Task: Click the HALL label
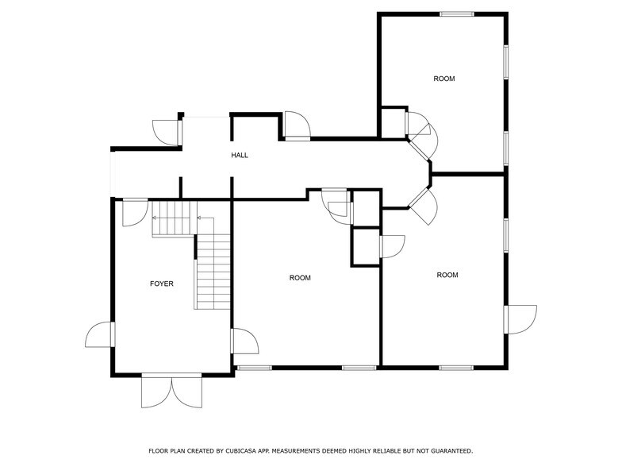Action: point(240,155)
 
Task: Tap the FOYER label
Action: point(162,284)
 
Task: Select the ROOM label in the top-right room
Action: point(443,78)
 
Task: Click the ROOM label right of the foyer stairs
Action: point(300,278)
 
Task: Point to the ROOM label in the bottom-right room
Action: point(447,275)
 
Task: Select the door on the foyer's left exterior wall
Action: point(101,334)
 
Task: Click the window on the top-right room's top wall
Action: point(457,14)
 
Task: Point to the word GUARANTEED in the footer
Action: point(447,451)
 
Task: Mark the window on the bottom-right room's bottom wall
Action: point(457,367)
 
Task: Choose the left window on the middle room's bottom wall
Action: point(254,367)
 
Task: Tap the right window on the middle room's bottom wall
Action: point(359,367)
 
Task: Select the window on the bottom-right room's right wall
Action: point(505,235)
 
